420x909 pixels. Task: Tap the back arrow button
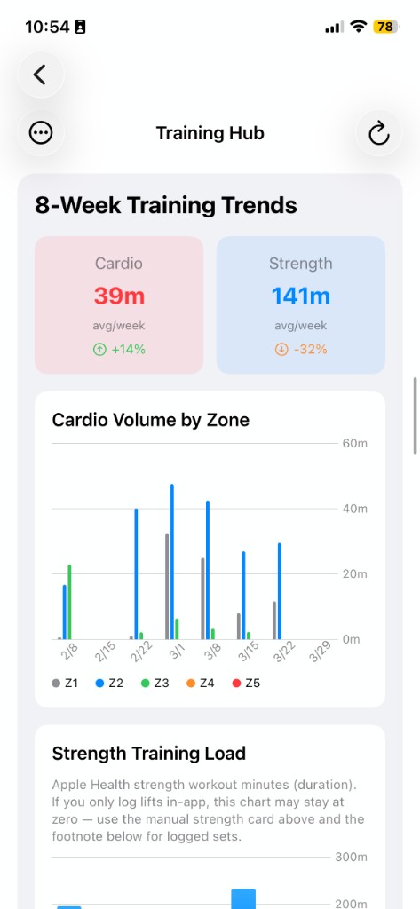[x=40, y=75]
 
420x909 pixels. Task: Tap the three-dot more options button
[x=41, y=133]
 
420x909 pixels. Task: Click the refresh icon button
[x=379, y=133]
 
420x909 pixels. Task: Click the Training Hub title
[x=210, y=133]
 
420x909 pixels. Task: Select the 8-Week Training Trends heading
[x=166, y=206]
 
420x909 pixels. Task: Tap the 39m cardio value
[x=119, y=296]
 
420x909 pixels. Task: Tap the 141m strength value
[x=300, y=296]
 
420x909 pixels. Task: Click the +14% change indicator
[x=119, y=349]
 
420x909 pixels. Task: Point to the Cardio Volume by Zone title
[x=150, y=420]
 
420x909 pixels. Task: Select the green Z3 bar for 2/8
[x=69, y=602]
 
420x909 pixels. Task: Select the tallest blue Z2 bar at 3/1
[x=171, y=561]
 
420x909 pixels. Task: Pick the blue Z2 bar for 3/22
[x=279, y=591]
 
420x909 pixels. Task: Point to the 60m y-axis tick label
[x=354, y=444]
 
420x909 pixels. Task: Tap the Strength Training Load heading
[x=149, y=754]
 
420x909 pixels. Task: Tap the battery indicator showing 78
[x=386, y=27]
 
